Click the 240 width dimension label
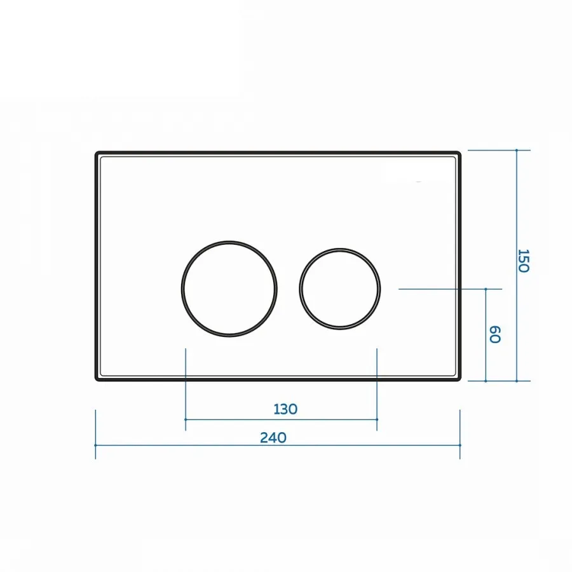273,437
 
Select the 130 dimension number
285,409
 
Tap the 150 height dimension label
524,261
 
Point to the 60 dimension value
494,334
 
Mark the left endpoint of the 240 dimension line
95,446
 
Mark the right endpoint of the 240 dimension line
460,446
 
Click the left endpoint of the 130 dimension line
186,419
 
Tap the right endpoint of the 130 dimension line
377,419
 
